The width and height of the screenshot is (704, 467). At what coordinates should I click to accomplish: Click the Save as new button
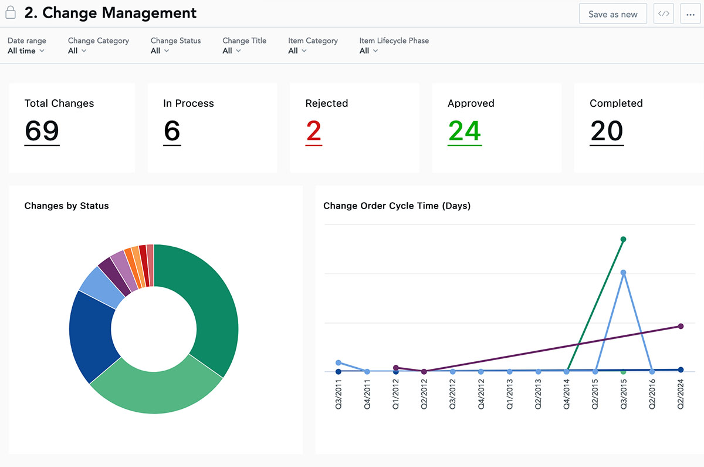(612, 14)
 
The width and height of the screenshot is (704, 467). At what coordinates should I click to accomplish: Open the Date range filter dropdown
(26, 46)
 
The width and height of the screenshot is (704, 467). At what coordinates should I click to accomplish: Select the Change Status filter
(175, 46)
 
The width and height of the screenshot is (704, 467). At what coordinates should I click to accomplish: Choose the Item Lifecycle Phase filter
(394, 46)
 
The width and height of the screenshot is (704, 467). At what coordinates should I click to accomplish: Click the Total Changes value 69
(42, 131)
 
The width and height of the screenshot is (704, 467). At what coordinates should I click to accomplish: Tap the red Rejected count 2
(313, 131)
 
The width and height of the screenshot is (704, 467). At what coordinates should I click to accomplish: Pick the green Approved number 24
(464, 131)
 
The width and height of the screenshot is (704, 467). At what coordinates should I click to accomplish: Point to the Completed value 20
(606, 131)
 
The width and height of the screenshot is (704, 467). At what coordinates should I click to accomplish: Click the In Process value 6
(172, 131)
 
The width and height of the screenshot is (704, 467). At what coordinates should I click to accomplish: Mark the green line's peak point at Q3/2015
(623, 239)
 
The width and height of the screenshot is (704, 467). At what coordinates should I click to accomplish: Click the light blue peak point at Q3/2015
(623, 273)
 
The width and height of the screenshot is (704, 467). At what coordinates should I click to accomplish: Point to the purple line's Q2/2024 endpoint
(681, 326)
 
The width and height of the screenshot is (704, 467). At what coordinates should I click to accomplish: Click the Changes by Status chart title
(66, 206)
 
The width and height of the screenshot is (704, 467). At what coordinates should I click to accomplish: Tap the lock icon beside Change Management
(11, 12)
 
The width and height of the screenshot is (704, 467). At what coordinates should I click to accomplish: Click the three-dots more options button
(690, 14)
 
